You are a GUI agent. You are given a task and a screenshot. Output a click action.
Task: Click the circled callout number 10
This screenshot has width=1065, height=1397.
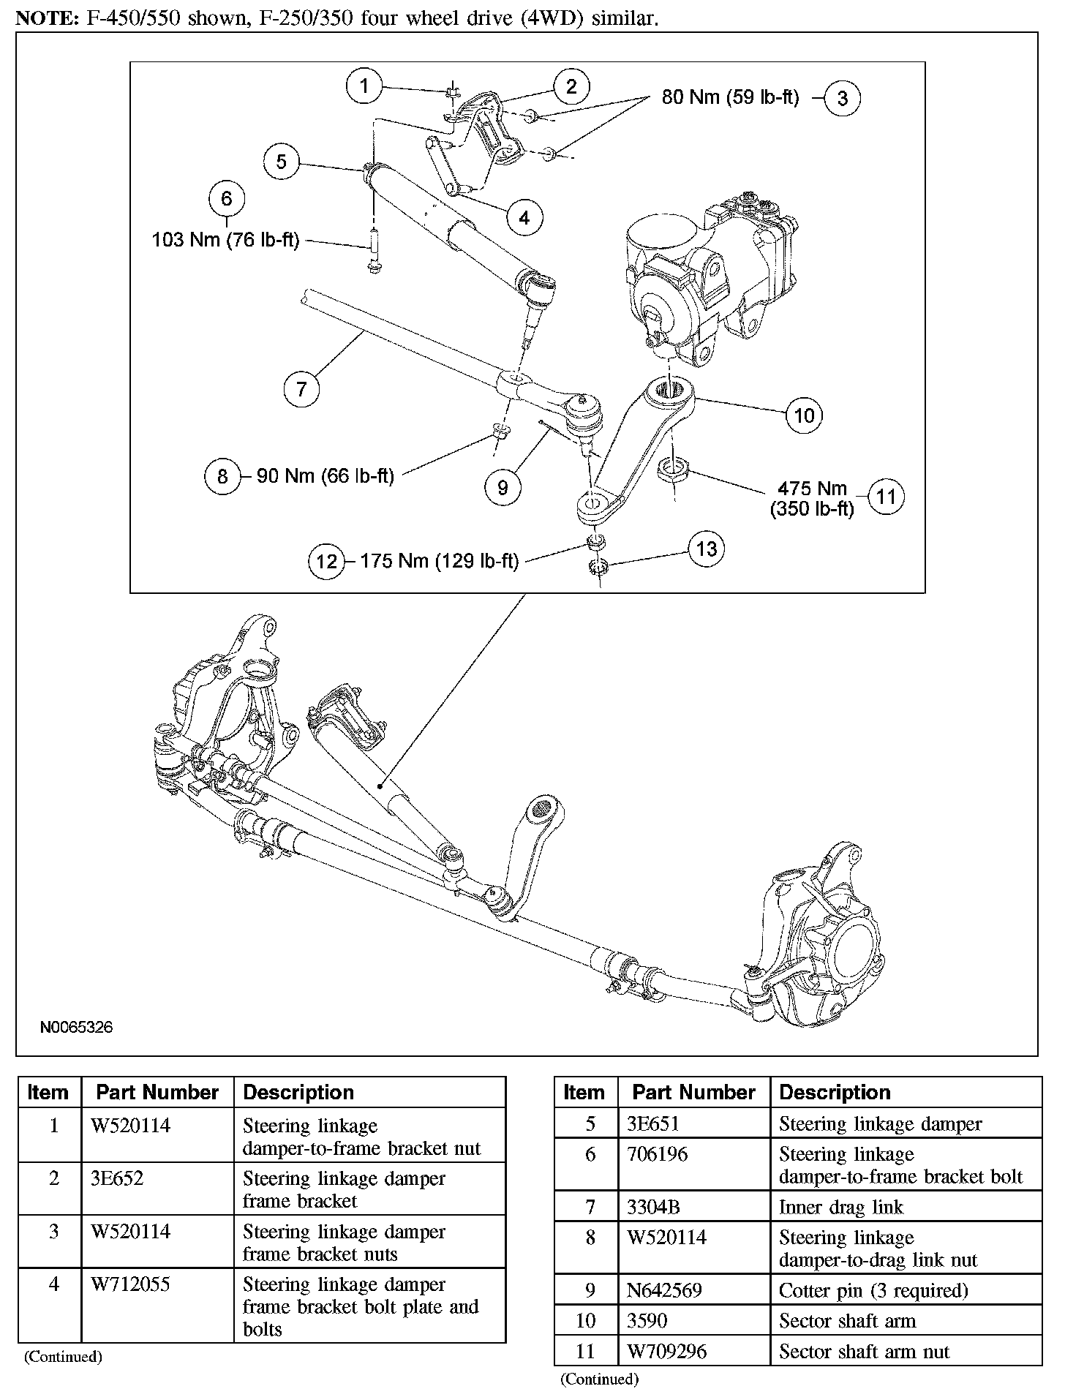[804, 415]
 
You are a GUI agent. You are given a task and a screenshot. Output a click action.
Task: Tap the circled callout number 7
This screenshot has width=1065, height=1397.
[302, 388]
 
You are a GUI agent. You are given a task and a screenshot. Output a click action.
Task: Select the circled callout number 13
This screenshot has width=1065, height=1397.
[707, 549]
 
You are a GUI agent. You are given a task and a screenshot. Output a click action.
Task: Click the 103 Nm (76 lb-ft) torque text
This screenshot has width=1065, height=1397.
[225, 240]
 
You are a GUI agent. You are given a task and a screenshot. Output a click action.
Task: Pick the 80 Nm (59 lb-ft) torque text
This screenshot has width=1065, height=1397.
[730, 97]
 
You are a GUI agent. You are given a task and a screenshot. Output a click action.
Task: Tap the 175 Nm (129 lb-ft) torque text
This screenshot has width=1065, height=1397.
[439, 561]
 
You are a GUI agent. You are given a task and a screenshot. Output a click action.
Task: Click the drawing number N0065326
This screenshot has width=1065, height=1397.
[76, 1028]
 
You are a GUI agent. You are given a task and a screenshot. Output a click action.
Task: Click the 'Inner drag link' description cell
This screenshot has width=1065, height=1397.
[841, 1207]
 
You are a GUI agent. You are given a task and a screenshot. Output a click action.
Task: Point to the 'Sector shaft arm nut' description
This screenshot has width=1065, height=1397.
[864, 1352]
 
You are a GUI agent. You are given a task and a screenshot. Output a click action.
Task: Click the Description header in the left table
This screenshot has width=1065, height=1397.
[298, 1092]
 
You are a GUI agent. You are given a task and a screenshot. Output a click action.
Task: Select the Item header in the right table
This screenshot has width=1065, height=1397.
[584, 1092]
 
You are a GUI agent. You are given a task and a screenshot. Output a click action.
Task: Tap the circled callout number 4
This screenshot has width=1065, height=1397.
[524, 217]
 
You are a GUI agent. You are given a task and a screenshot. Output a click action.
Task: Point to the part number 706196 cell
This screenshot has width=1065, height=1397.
[658, 1154]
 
